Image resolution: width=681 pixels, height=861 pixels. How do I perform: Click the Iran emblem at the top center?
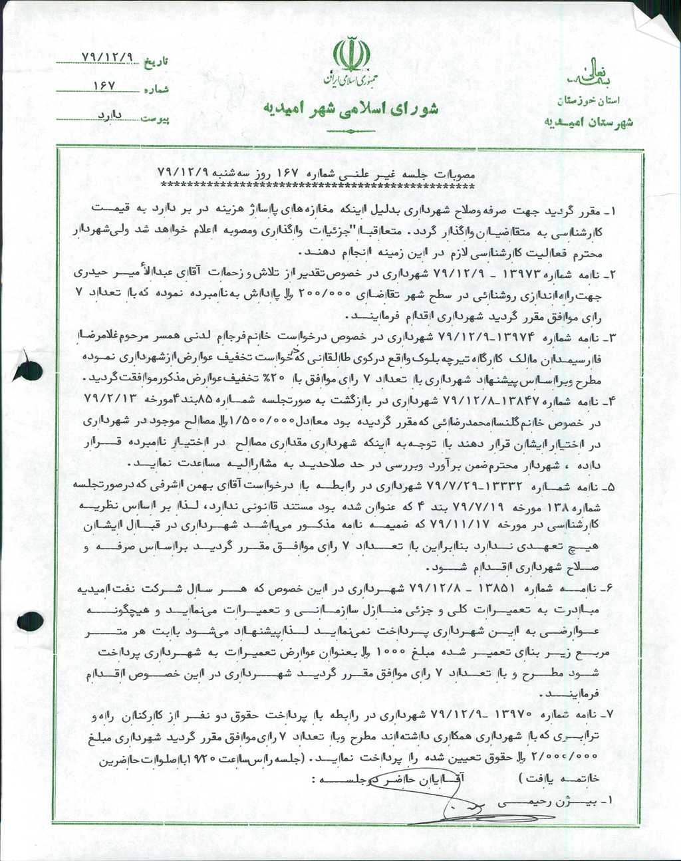point(351,55)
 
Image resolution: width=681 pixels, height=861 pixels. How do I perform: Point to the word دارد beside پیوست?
point(108,114)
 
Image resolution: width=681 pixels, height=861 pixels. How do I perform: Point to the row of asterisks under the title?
point(324,185)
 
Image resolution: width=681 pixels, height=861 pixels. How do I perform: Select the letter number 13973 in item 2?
point(545,274)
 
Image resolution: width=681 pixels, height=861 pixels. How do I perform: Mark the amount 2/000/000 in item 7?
point(573,758)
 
